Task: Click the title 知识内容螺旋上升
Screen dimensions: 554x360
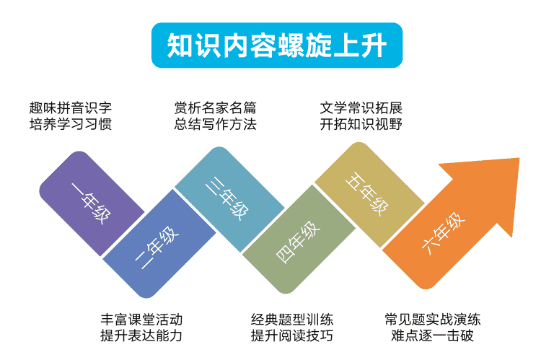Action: pyautogui.click(x=277, y=45)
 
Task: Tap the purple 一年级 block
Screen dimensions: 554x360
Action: pyautogui.click(x=92, y=203)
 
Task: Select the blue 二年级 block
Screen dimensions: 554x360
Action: pyautogui.click(x=159, y=244)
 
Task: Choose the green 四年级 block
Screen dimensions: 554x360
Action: pyautogui.click(x=299, y=240)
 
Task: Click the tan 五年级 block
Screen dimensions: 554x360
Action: pyautogui.click(x=369, y=195)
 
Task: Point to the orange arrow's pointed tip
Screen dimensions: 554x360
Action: pyautogui.click(x=519, y=158)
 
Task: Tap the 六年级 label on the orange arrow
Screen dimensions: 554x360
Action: pyautogui.click(x=444, y=233)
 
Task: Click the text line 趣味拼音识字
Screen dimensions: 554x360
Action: pyautogui.click(x=70, y=107)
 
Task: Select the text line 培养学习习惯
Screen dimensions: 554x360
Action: pyautogui.click(x=70, y=124)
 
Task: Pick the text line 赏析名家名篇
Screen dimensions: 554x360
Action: pyautogui.click(x=215, y=107)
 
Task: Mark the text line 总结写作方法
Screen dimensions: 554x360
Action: pyautogui.click(x=215, y=124)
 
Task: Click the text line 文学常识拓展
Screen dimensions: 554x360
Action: pyautogui.click(x=361, y=107)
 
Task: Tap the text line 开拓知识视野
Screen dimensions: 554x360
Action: pyautogui.click(x=361, y=124)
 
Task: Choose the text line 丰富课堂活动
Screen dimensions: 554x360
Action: pyautogui.click(x=141, y=320)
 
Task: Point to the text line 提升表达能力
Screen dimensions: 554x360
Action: pyautogui.click(x=141, y=335)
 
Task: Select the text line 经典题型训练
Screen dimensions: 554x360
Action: pyautogui.click(x=292, y=320)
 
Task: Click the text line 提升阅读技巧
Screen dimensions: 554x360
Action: pyautogui.click(x=292, y=335)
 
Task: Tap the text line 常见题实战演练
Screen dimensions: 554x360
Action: pyautogui.click(x=433, y=320)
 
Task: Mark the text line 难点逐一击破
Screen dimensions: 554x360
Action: pyautogui.click(x=433, y=335)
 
